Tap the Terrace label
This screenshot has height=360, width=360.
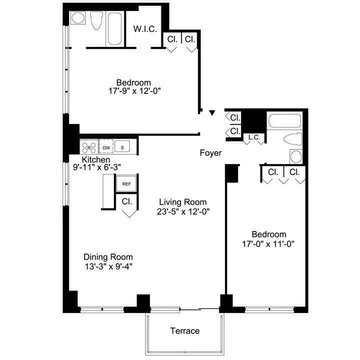coord(184,331)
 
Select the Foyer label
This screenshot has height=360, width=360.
coord(210,153)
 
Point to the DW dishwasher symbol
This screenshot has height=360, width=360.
coord(106,147)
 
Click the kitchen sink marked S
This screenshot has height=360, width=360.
coord(122,147)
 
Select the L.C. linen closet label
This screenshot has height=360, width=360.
coord(253,137)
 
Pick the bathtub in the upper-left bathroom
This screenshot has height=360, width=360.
coord(114,29)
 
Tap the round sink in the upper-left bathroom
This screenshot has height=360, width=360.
coord(77,18)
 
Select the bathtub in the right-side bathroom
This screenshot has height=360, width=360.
coord(284,121)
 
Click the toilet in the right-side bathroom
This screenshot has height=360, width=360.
coord(291,139)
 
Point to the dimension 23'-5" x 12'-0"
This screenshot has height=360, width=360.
coord(182,211)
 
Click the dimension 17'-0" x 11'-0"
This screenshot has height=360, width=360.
coord(268,244)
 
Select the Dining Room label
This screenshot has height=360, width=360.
coord(108,256)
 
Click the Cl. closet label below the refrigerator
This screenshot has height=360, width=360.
coord(127,202)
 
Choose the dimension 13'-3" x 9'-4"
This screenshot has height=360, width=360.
coord(108,266)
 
